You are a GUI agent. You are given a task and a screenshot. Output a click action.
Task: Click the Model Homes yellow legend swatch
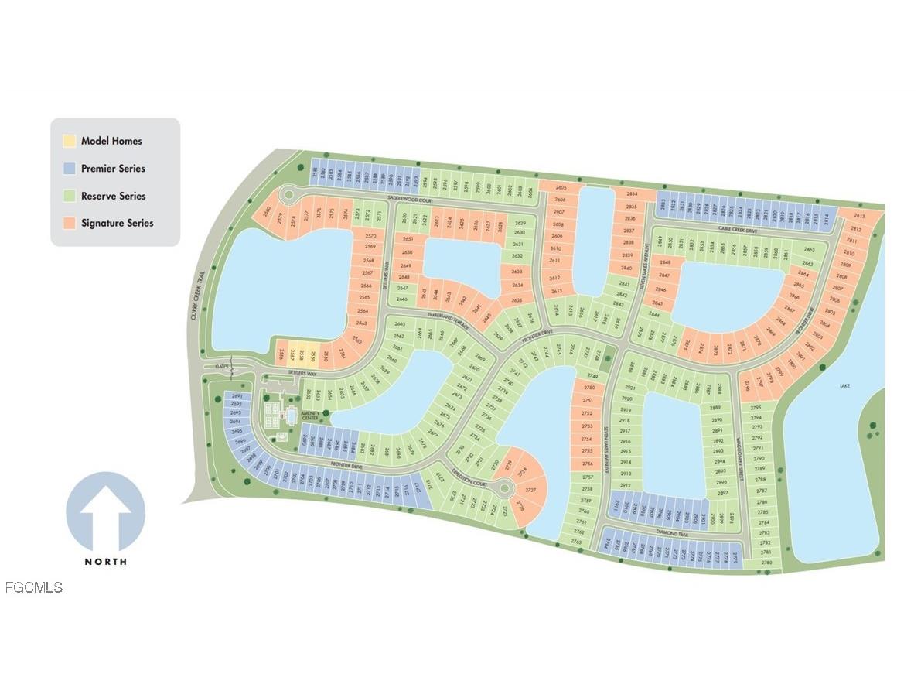click(x=70, y=141)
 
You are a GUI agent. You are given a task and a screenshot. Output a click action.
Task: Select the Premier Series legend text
click(x=113, y=169)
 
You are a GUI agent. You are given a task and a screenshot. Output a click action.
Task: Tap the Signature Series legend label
click(x=117, y=223)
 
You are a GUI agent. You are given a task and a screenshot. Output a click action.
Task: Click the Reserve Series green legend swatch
click(x=70, y=196)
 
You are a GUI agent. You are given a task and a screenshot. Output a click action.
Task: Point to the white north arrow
click(x=105, y=515)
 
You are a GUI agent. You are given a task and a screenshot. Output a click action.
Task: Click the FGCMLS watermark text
click(x=33, y=587)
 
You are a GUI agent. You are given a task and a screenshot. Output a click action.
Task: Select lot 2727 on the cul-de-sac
click(x=530, y=491)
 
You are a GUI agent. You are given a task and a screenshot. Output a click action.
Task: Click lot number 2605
click(x=561, y=188)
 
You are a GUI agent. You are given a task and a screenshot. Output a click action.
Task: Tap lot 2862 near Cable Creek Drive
click(x=810, y=250)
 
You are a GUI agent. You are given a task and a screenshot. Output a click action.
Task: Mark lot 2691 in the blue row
click(x=237, y=396)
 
